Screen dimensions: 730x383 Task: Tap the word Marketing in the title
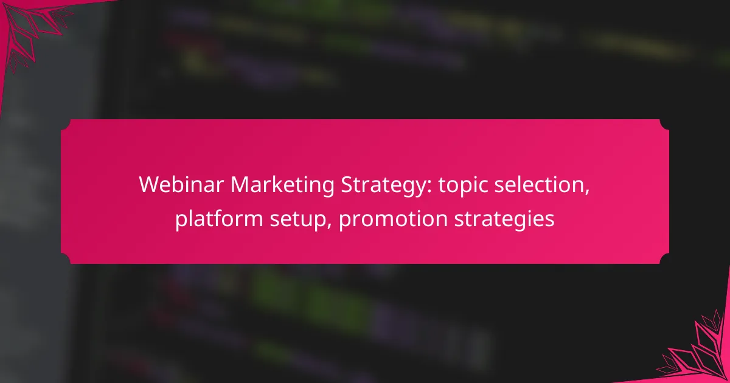tap(282, 185)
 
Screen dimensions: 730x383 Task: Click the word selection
tap(540, 185)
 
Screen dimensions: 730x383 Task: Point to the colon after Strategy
tap(430, 187)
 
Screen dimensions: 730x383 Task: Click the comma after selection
tap(587, 193)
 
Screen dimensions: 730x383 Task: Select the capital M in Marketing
tap(240, 185)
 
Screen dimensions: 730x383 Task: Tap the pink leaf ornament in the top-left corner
tap(33, 33)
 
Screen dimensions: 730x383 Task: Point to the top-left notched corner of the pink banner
tap(66, 124)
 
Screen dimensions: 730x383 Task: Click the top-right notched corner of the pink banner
tap(664, 124)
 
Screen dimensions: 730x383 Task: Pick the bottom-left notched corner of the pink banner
tap(66, 259)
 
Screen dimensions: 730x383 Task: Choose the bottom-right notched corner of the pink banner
tap(664, 259)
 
